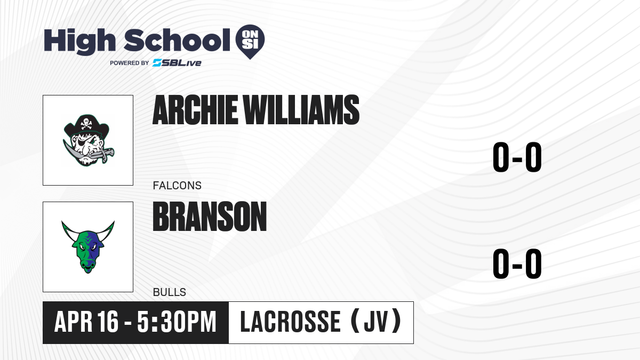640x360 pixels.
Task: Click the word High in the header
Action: point(79,42)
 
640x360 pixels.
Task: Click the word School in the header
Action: point(177,39)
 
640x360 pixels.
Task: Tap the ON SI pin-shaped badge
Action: point(250,42)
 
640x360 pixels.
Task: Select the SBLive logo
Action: point(177,63)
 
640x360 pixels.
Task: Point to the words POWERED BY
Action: point(129,63)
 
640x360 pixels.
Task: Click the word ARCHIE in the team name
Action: point(195,110)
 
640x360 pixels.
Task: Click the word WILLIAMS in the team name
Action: point(301,110)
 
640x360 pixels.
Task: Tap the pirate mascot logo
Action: point(89,140)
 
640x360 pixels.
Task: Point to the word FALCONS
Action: point(177,186)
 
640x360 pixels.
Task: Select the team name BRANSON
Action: point(210,217)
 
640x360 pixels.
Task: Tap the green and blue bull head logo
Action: point(88,247)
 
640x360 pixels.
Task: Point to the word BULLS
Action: point(170,292)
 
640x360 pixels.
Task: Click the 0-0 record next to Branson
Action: point(517,263)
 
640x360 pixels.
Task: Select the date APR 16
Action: point(86,322)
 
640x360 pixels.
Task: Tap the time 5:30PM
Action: point(177,322)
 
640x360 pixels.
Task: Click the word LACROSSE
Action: point(290,322)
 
